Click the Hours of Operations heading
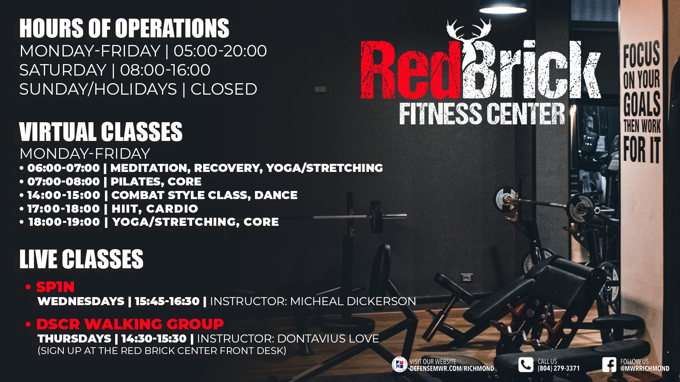(124, 28)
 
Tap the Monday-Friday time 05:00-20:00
(220, 51)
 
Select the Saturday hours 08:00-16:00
(165, 70)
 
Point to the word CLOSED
(224, 89)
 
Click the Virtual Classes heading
(101, 132)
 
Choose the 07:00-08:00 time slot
(63, 181)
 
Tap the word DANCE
(276, 195)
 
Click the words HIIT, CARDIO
(155, 208)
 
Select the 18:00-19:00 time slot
(64, 222)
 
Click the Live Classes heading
(81, 259)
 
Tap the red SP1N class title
(55, 287)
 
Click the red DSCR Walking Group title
(130, 324)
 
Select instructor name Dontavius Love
(328, 338)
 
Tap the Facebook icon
(609, 365)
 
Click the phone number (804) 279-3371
(558, 368)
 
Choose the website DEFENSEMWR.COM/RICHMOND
(452, 369)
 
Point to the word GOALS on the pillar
(642, 104)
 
